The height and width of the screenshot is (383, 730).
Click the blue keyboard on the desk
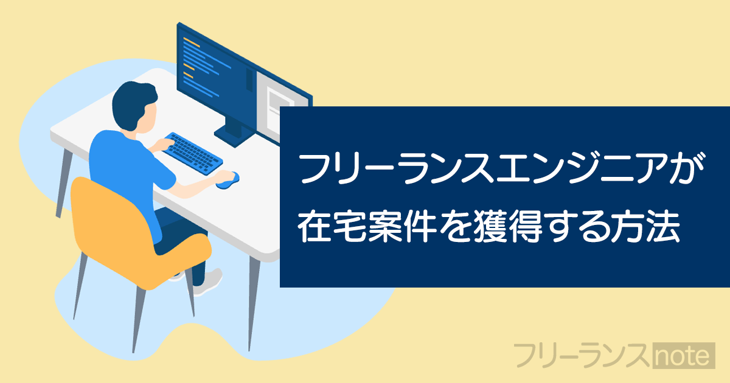pyautogui.click(x=193, y=154)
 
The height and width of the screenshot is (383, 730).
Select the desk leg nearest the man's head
pyautogui.click(x=64, y=184)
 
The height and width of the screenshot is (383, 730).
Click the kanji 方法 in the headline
pyautogui.click(x=645, y=226)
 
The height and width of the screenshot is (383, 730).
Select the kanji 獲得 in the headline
pyautogui.click(x=508, y=226)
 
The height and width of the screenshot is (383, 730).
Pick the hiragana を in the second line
pyautogui.click(x=454, y=226)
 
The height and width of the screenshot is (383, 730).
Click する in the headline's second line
pyautogui.click(x=576, y=226)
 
